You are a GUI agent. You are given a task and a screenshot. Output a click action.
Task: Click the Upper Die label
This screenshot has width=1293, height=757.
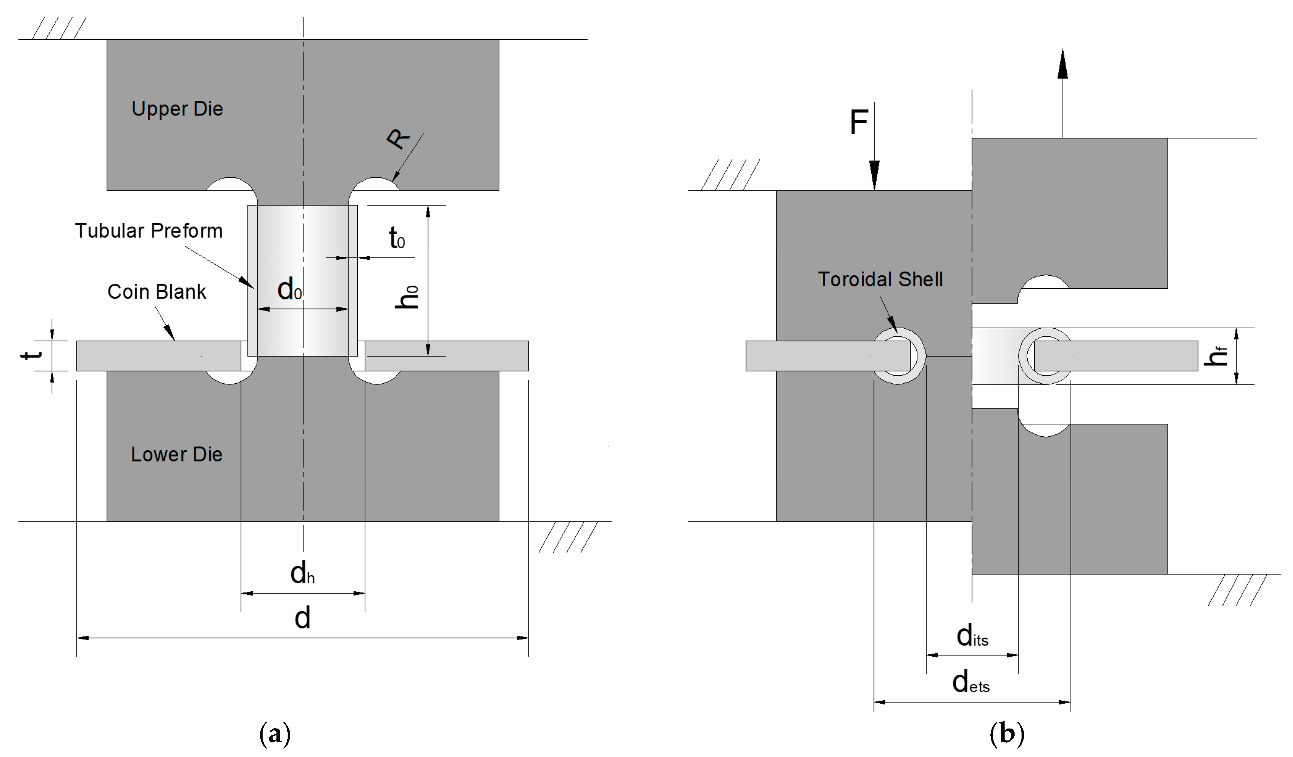point(177,109)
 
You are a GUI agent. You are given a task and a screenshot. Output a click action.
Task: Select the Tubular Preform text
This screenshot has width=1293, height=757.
point(149,231)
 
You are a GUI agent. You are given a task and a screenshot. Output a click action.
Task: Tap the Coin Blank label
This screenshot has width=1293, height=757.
point(156,292)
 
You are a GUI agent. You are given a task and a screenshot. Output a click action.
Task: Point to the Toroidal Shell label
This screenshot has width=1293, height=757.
point(880,279)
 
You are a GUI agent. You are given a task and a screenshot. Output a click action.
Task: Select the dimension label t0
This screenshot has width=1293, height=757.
point(397,239)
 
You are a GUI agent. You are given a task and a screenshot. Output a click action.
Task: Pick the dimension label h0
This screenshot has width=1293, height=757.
point(407,297)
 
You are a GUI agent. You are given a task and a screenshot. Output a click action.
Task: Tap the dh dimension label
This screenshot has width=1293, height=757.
point(302,573)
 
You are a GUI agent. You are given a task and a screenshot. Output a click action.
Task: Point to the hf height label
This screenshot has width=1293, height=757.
point(1216,356)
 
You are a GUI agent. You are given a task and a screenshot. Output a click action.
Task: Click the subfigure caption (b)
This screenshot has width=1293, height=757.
point(1006,734)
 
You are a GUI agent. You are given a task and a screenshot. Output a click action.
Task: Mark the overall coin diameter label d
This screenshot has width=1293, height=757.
point(302,618)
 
